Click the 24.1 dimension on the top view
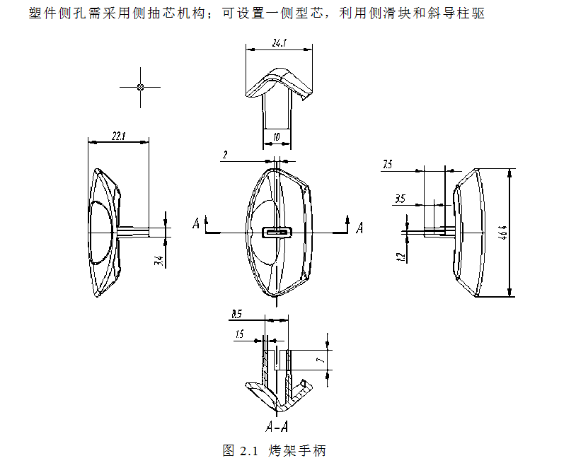(279, 42)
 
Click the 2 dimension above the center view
(224, 155)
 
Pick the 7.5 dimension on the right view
(387, 165)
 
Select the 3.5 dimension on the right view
(400, 200)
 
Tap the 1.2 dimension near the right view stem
(401, 256)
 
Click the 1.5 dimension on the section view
(240, 334)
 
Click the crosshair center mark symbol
(140, 87)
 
